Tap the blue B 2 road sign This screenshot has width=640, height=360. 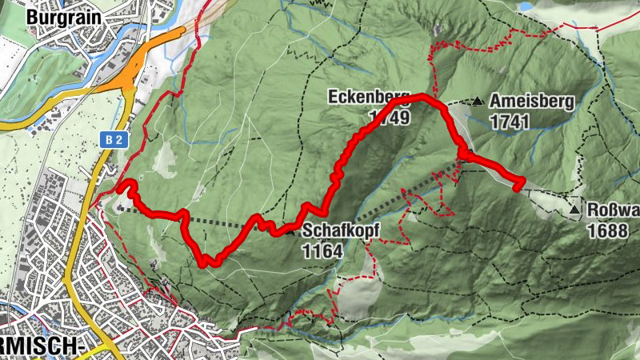[114, 139]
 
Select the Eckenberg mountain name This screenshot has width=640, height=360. [368, 98]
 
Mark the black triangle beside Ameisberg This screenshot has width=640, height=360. [478, 101]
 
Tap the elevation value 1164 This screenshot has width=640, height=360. [322, 251]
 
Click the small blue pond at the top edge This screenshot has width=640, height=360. [528, 6]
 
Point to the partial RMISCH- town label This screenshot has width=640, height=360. [43, 345]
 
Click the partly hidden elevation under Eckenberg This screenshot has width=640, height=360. [390, 118]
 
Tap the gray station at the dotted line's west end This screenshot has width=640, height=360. [120, 209]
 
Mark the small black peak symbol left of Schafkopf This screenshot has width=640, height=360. [289, 232]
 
